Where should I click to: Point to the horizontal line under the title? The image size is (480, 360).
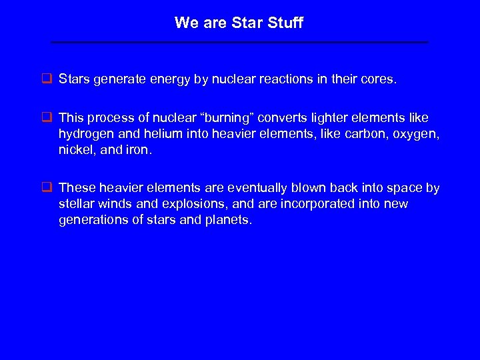pyautogui.click(x=240, y=42)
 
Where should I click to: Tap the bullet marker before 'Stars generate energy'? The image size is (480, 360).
pyautogui.click(x=47, y=79)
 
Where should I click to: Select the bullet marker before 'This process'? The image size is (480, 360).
pyautogui.click(x=47, y=118)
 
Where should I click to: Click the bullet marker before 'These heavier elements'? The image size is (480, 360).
pyautogui.click(x=47, y=188)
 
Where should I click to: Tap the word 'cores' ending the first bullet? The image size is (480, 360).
pyautogui.click(x=379, y=79)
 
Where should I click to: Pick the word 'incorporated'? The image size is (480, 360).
pyautogui.click(x=316, y=203)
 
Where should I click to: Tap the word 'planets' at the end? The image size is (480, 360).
pyautogui.click(x=229, y=219)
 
